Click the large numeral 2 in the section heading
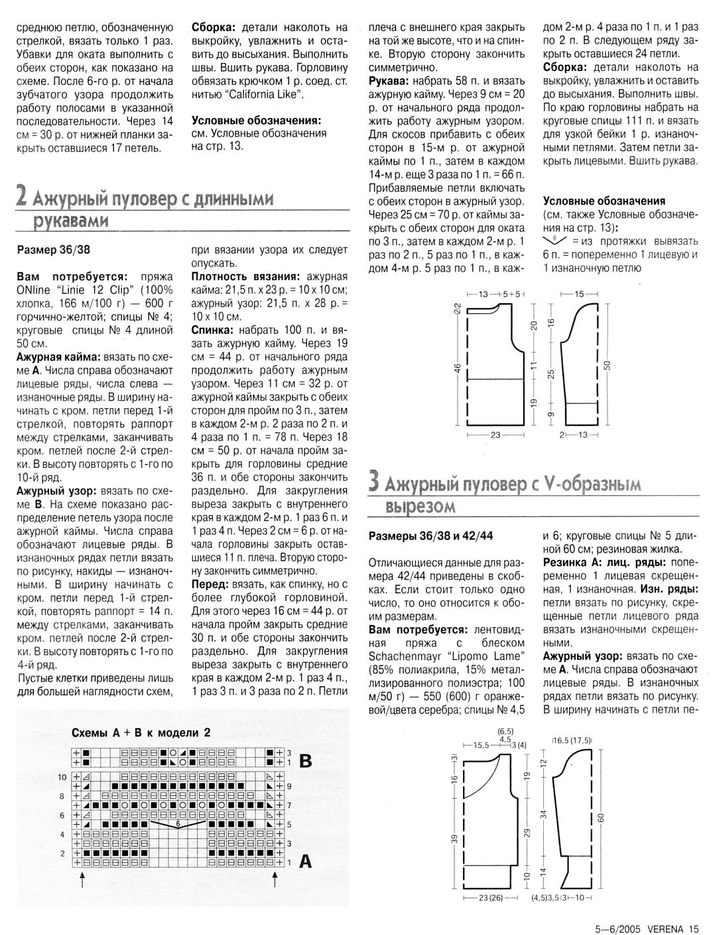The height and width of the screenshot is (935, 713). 21,196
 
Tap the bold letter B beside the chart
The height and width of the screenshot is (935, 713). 306,761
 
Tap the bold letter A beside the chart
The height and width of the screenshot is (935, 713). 306,861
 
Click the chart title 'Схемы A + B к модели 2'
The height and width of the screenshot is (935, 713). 141,733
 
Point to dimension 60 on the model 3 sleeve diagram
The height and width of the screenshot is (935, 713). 602,818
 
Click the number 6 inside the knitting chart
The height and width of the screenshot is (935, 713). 178,824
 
